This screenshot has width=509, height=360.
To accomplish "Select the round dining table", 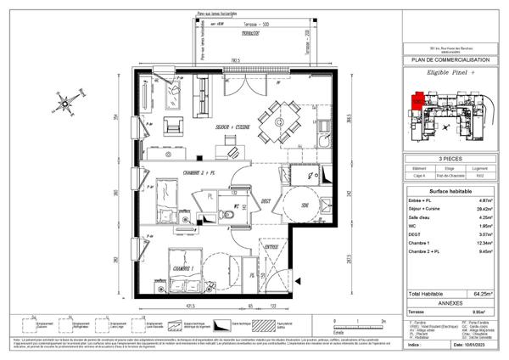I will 275,120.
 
